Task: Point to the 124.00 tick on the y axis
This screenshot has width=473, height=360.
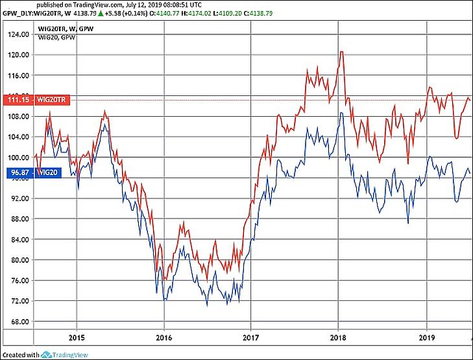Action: pos(17,34)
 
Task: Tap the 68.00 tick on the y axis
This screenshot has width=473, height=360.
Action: pos(17,322)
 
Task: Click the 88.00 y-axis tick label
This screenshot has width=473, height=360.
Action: pos(17,219)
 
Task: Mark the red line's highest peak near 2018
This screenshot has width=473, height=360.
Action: pos(341,52)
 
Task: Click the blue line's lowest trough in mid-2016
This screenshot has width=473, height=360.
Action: pos(207,305)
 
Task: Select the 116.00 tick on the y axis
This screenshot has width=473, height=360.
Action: pos(17,75)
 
